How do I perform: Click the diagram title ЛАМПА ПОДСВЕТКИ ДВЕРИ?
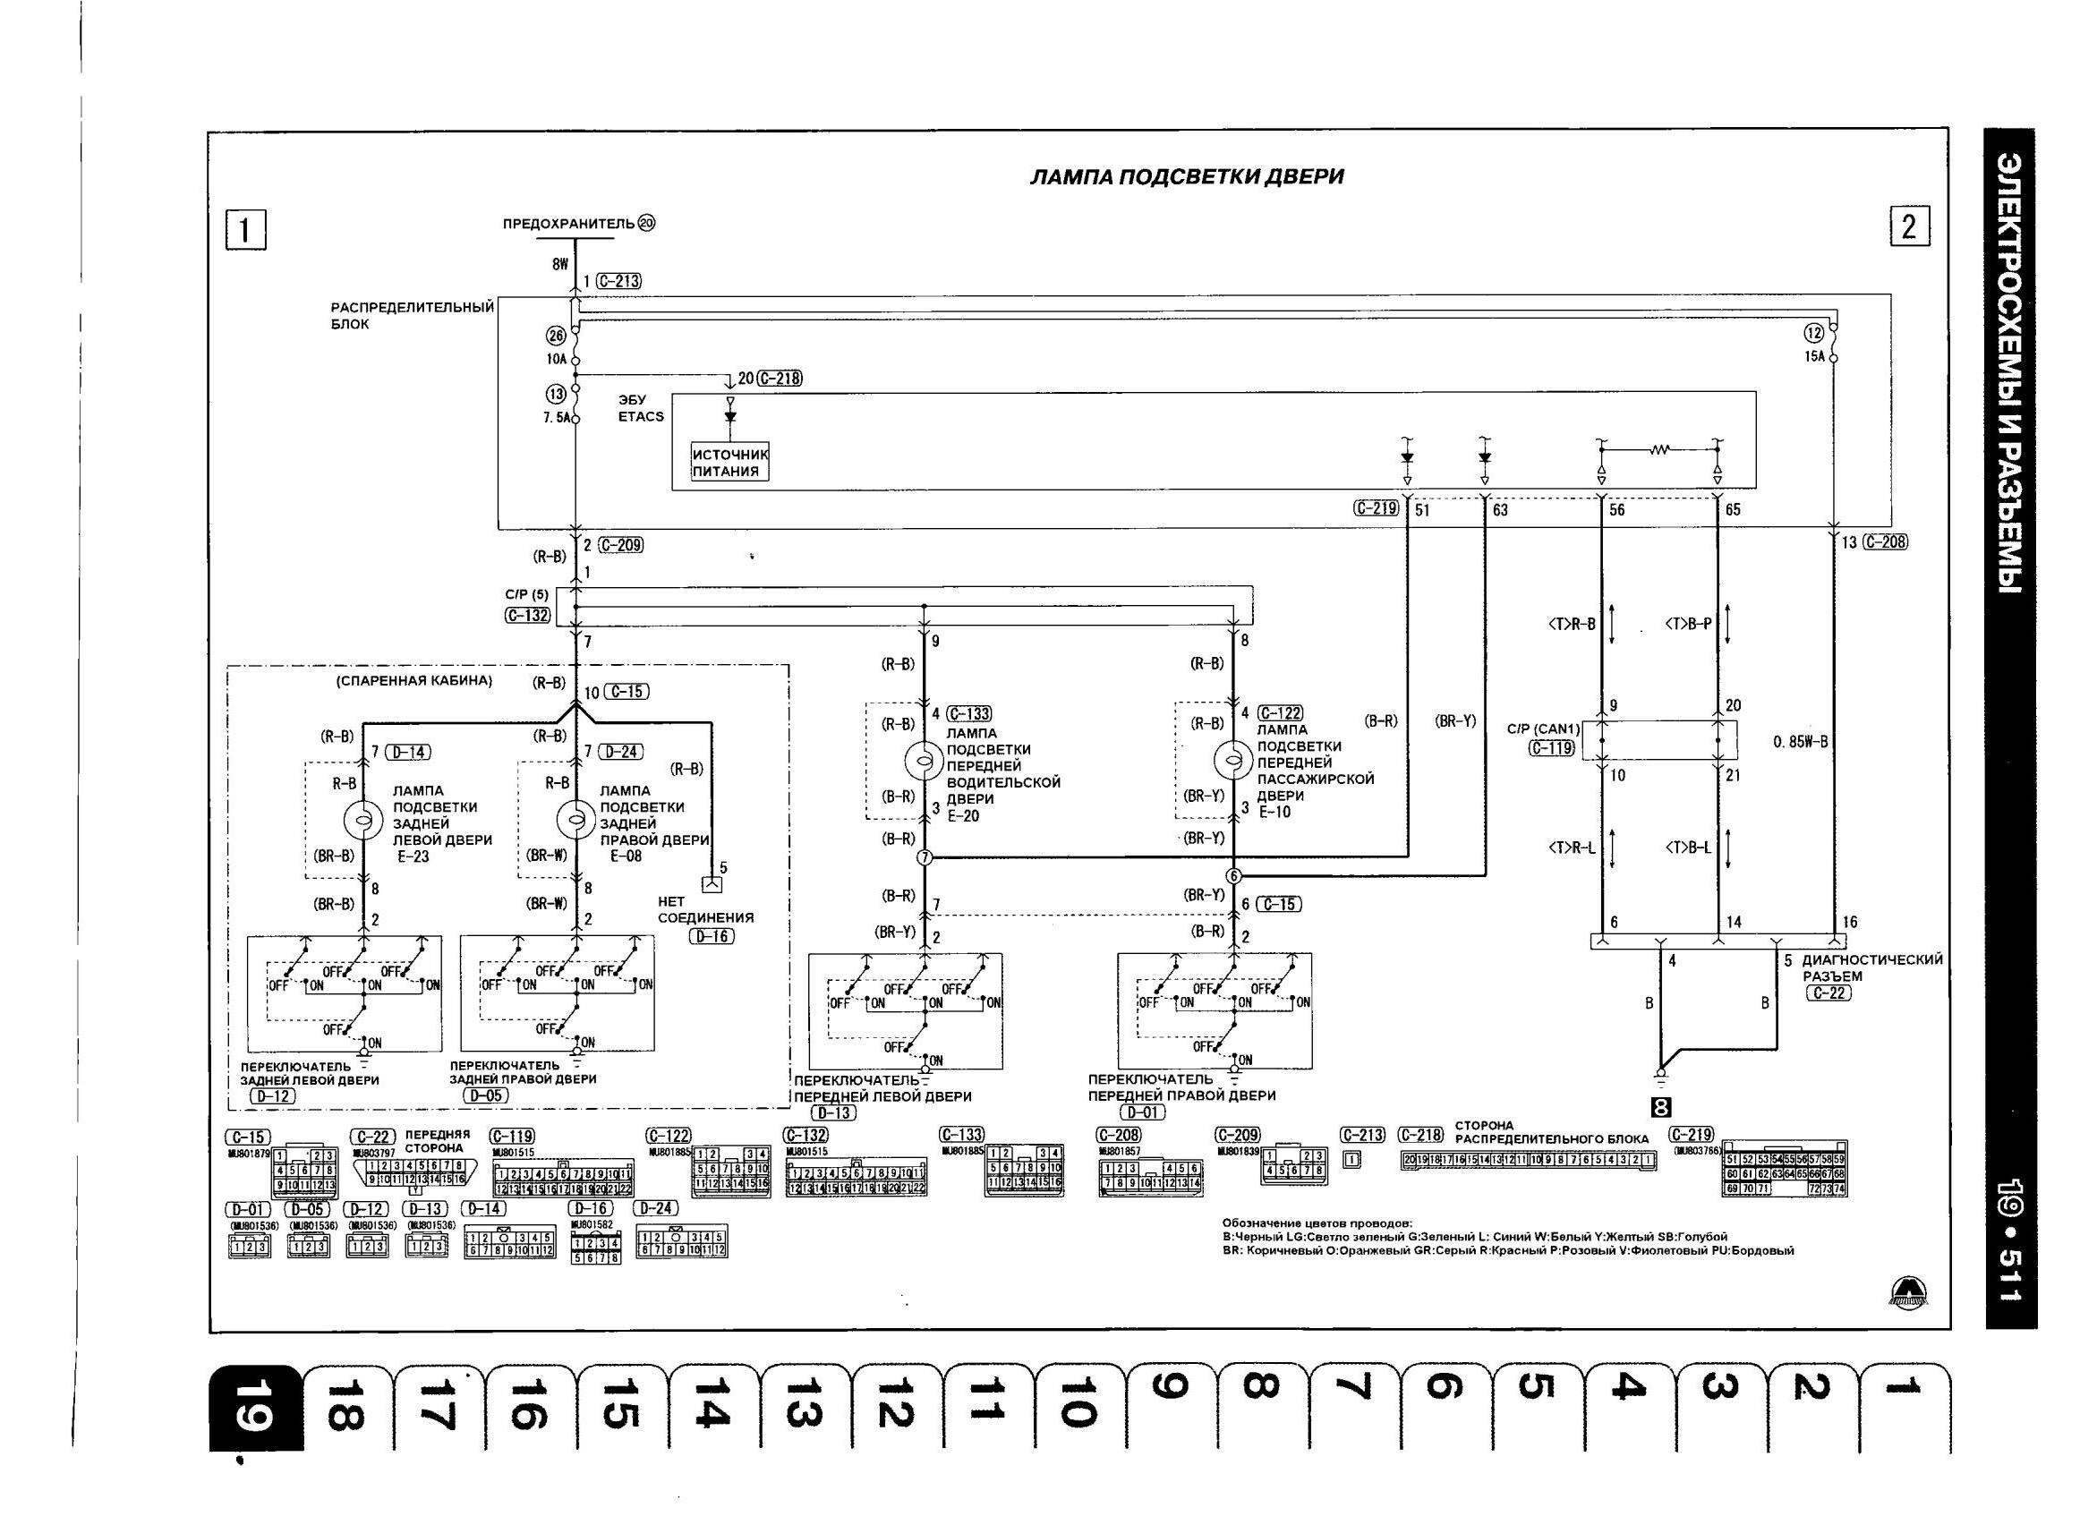point(1186,176)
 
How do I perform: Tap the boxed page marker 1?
point(245,230)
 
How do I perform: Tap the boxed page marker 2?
point(1909,227)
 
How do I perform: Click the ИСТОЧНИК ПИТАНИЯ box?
point(729,463)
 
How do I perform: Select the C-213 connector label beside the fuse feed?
point(618,281)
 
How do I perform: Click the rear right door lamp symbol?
point(575,820)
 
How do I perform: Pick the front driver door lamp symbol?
point(923,760)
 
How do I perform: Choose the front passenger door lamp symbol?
point(1232,760)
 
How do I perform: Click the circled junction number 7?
point(924,858)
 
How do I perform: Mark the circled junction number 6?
point(1232,876)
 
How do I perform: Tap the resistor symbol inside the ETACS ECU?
point(1660,450)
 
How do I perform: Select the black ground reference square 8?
point(1661,1107)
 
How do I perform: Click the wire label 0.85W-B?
point(1800,742)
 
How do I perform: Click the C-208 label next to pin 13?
point(1885,542)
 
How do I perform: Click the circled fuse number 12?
point(1813,333)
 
